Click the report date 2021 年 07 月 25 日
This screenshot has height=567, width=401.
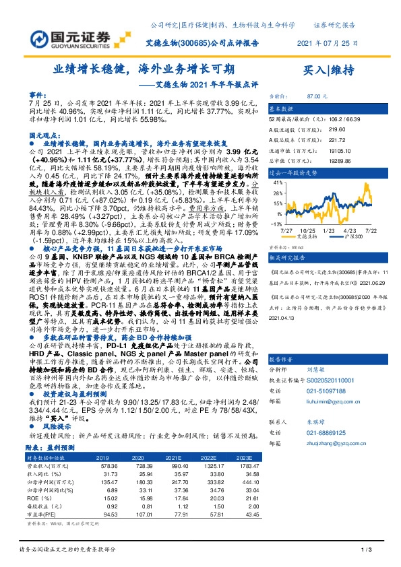coord(328,42)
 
